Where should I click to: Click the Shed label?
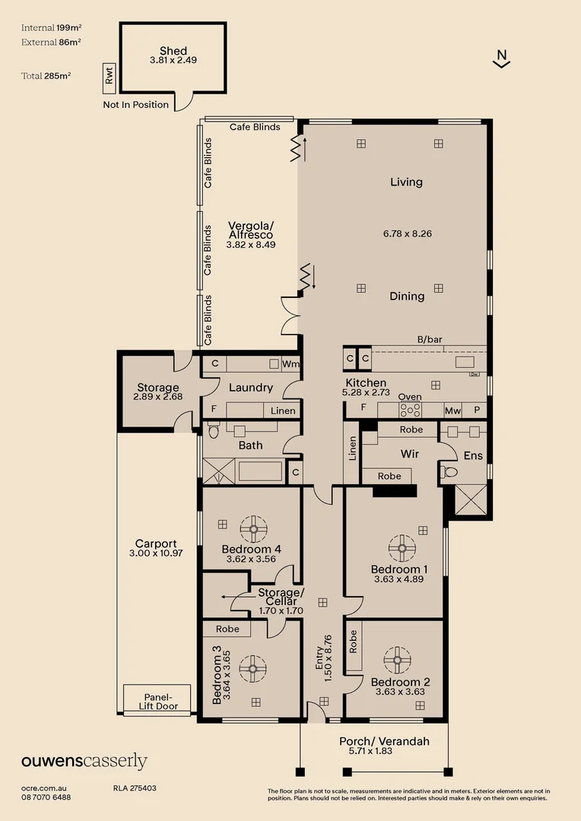(173, 50)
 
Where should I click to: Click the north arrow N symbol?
(500, 56)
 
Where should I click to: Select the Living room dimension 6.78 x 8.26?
(407, 233)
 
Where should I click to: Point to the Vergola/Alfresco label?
(250, 230)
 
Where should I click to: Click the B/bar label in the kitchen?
(430, 340)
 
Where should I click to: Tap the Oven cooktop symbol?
(411, 409)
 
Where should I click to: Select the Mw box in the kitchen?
(453, 410)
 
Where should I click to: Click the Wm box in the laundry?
(290, 364)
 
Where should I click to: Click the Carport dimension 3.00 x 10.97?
(156, 553)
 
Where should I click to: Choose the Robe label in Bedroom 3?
(227, 629)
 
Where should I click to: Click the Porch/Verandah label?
(384, 741)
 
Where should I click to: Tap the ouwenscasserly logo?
(84, 762)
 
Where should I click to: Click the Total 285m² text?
(47, 76)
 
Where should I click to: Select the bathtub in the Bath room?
(260, 471)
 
